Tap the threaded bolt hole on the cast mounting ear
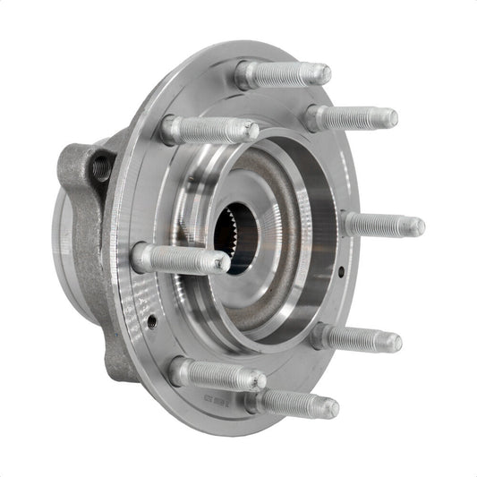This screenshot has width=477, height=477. (100, 166)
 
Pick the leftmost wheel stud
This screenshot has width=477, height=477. (179, 260)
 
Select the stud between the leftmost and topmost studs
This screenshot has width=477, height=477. (209, 131)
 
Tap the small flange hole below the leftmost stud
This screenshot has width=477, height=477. (152, 319)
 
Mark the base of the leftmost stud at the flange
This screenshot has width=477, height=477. (143, 258)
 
